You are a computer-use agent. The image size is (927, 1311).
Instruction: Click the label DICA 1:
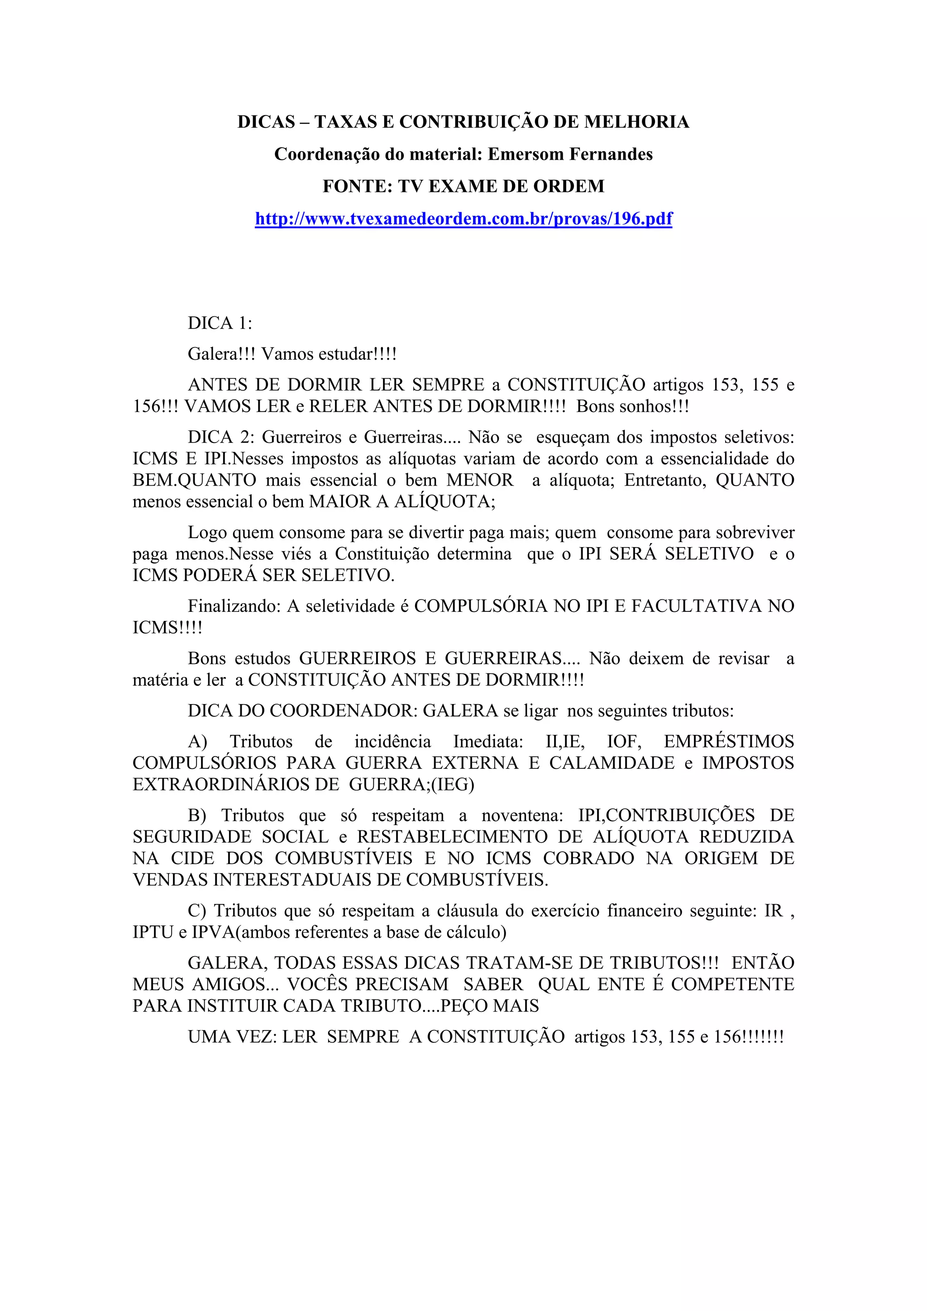click(x=220, y=323)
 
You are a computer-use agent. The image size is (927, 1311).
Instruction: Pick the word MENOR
click(x=480, y=480)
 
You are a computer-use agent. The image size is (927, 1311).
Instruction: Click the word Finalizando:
click(x=234, y=606)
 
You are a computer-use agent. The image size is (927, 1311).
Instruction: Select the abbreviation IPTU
click(x=153, y=932)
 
